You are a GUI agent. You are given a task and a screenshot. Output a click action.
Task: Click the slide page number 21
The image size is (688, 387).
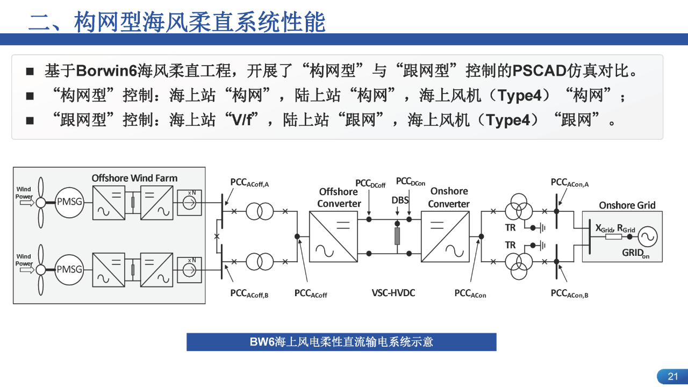click(x=673, y=376)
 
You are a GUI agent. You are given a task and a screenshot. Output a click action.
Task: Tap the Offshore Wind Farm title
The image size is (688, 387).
click(x=134, y=178)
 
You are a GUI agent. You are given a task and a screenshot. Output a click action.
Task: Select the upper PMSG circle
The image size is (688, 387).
click(x=69, y=203)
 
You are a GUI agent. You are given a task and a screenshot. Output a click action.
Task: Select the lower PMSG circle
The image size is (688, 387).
click(x=69, y=269)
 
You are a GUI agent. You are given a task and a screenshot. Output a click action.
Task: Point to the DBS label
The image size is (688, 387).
click(x=400, y=200)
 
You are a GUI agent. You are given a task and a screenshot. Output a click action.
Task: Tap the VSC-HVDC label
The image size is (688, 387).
click(x=393, y=293)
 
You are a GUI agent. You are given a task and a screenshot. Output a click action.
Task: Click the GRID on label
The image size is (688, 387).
click(x=636, y=253)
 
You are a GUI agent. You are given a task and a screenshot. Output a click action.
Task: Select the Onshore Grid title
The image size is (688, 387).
click(x=627, y=205)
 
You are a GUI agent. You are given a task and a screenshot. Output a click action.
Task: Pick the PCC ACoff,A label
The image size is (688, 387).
click(x=249, y=183)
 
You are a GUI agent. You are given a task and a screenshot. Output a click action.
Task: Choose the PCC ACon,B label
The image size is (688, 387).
click(x=569, y=293)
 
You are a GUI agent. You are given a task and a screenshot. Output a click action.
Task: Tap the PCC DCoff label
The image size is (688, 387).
click(x=370, y=183)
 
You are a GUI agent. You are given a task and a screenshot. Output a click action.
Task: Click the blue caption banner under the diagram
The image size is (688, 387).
click(x=341, y=342)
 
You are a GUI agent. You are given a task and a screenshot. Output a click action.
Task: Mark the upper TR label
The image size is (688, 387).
click(x=510, y=227)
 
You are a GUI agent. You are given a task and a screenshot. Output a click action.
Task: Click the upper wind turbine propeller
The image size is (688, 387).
click(x=40, y=203)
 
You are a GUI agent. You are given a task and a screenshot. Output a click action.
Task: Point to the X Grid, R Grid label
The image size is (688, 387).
click(x=615, y=228)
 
